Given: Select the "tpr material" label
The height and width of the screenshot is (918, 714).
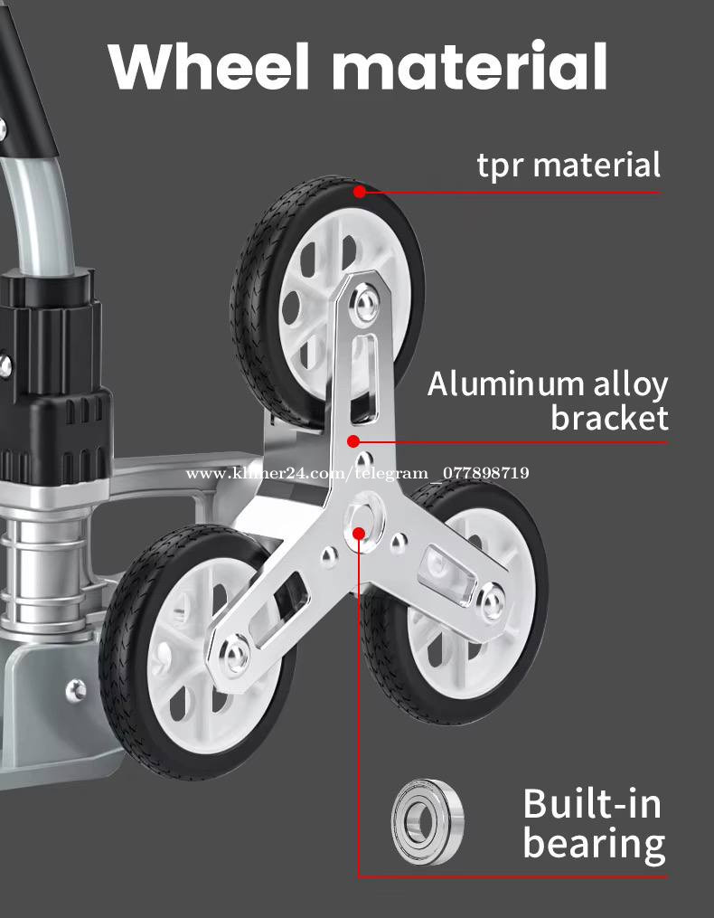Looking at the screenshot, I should pyautogui.click(x=568, y=166).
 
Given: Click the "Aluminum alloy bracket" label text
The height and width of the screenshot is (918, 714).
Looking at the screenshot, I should pyautogui.click(x=548, y=401).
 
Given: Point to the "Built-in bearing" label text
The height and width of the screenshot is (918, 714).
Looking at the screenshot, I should pyautogui.click(x=593, y=823).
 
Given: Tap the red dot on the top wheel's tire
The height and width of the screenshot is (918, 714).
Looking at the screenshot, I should pyautogui.click(x=360, y=192).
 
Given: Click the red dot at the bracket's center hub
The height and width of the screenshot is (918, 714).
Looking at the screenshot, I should pyautogui.click(x=360, y=533).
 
